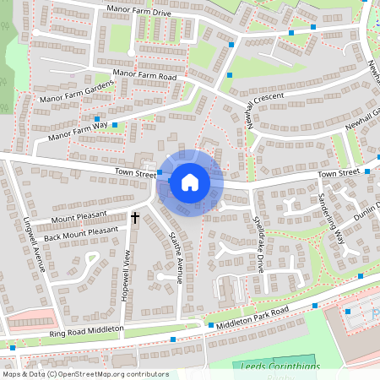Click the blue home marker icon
coord(190,182)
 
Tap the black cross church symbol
coord(134,218)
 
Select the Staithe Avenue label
coord(176,258)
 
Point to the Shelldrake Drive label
coord(259,244)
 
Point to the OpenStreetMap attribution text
coord(84,374)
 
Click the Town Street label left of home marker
coord(133,171)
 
